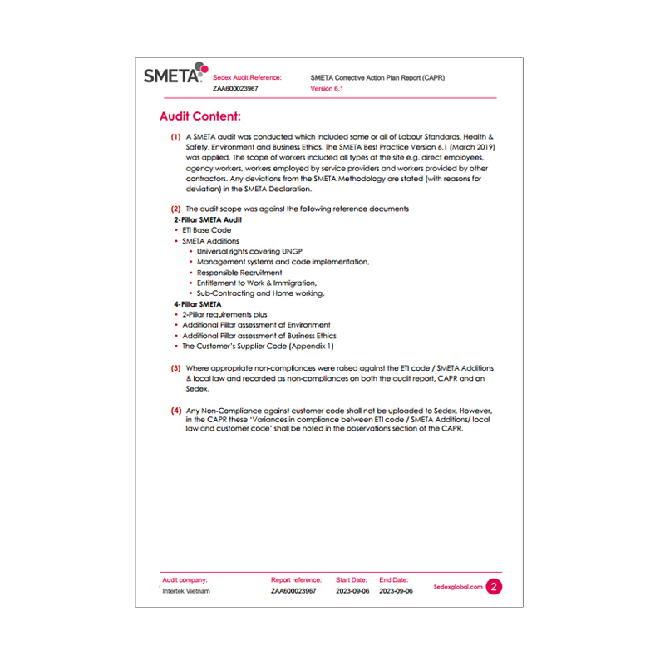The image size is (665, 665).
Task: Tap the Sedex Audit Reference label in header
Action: [x=248, y=76]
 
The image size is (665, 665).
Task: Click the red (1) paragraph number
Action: [x=175, y=135]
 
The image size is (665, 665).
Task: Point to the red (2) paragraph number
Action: [x=175, y=208]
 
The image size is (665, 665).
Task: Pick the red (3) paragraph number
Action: [x=175, y=367]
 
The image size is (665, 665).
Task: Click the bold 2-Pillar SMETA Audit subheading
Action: [x=208, y=219]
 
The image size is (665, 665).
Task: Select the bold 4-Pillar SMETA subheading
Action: [x=198, y=304]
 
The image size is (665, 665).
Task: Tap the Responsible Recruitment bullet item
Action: [x=239, y=272]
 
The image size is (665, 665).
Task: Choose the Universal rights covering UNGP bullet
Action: [x=250, y=251]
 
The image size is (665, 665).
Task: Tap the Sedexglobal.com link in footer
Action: [x=458, y=586]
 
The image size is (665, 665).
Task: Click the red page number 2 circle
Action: [x=495, y=586]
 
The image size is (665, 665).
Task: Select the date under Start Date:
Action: [x=352, y=591]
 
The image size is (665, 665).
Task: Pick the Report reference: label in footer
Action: [x=295, y=579]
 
